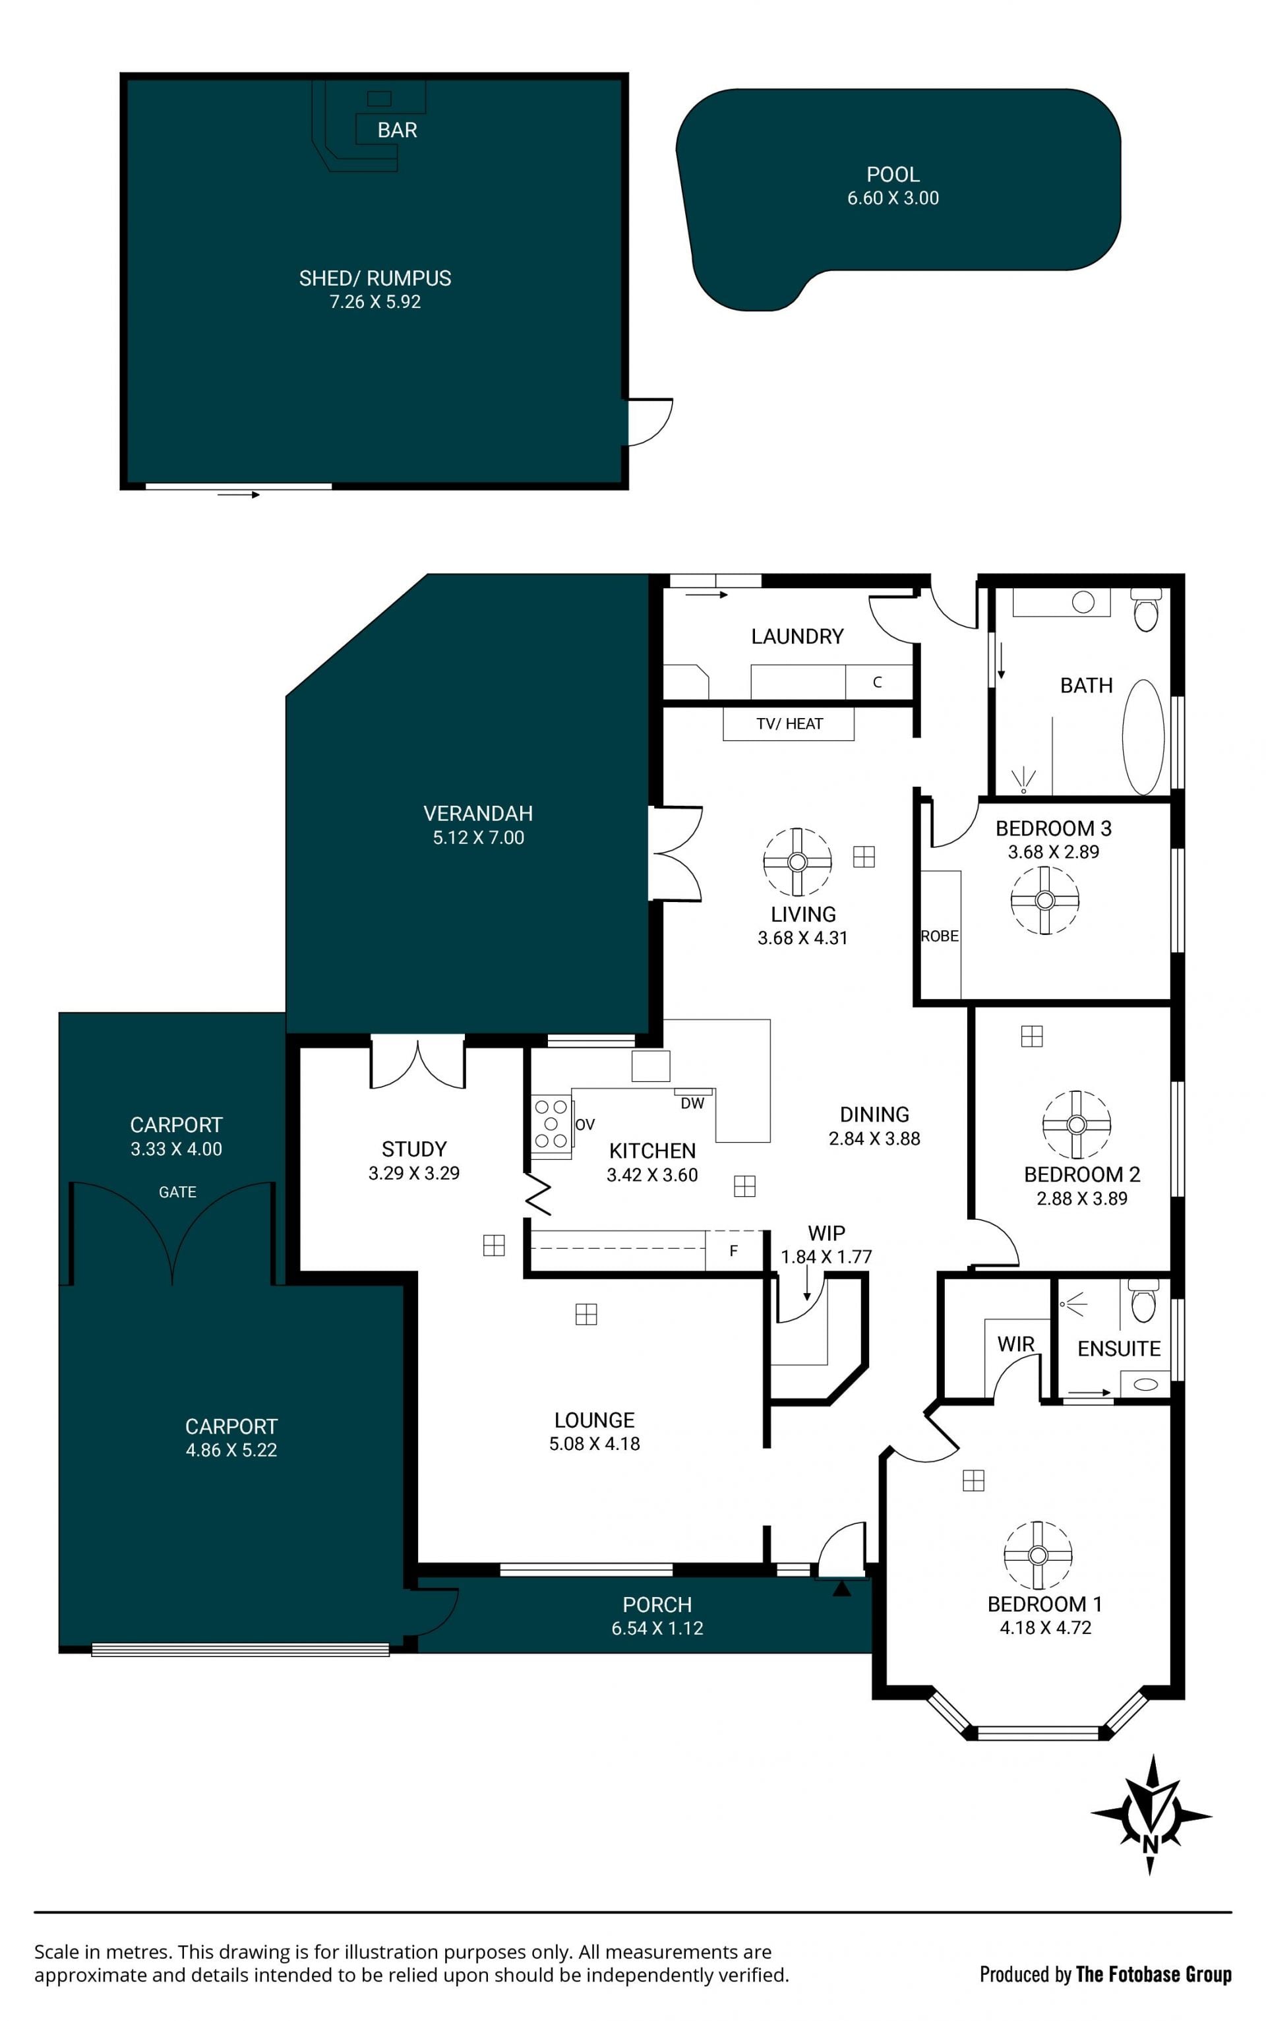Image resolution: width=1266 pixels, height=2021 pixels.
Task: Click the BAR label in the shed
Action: tap(397, 130)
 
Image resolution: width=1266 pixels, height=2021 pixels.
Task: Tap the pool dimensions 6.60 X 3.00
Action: tap(893, 198)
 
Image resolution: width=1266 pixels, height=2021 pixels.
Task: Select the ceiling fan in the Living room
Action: tap(797, 861)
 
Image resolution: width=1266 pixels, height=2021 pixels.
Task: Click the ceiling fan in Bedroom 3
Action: tap(1044, 900)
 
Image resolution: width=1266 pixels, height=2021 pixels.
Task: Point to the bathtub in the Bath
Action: tap(1143, 737)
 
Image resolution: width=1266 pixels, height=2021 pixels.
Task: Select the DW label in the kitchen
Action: tap(692, 1103)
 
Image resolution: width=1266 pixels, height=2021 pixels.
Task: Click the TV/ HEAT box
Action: tap(789, 723)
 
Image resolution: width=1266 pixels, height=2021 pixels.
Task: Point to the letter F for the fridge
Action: tap(733, 1251)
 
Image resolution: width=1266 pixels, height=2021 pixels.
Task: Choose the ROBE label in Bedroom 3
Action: tap(940, 936)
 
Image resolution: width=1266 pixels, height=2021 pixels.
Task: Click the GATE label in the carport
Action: tap(177, 1191)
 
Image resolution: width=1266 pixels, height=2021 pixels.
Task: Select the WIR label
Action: tap(1015, 1344)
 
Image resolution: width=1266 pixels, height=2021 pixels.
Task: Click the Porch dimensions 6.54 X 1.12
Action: tap(657, 1629)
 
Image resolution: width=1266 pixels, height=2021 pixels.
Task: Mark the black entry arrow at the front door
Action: tap(841, 1587)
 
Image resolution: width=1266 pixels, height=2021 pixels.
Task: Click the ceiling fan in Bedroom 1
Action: tap(1037, 1555)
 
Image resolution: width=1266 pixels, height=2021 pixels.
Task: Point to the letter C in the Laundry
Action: tap(878, 682)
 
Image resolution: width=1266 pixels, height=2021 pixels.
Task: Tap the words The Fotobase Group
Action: tap(1154, 1974)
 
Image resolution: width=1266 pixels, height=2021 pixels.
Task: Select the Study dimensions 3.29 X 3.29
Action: tap(413, 1173)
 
